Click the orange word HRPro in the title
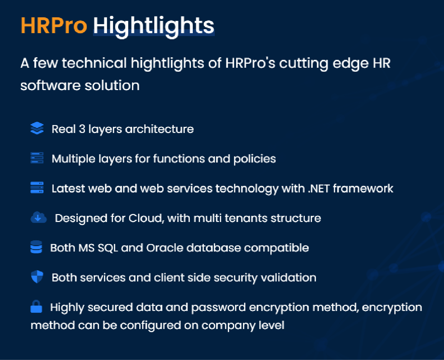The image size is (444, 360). (x=54, y=26)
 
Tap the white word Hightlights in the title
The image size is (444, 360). (x=154, y=27)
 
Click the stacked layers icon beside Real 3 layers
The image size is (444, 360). (x=37, y=128)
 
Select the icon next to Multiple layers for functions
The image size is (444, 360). (x=37, y=158)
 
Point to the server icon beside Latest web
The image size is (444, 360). (x=37, y=187)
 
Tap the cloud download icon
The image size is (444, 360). (x=39, y=217)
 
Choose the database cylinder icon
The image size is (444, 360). (x=36, y=247)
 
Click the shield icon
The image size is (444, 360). (x=37, y=277)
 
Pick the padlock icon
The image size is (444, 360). (x=36, y=306)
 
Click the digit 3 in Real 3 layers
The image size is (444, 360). (x=82, y=129)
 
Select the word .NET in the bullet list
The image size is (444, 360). (x=319, y=188)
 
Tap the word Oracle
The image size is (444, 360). (x=165, y=248)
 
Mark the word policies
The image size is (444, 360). (x=254, y=159)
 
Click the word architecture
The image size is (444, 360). (x=159, y=129)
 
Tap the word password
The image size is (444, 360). (x=219, y=308)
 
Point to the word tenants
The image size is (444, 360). (x=246, y=218)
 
